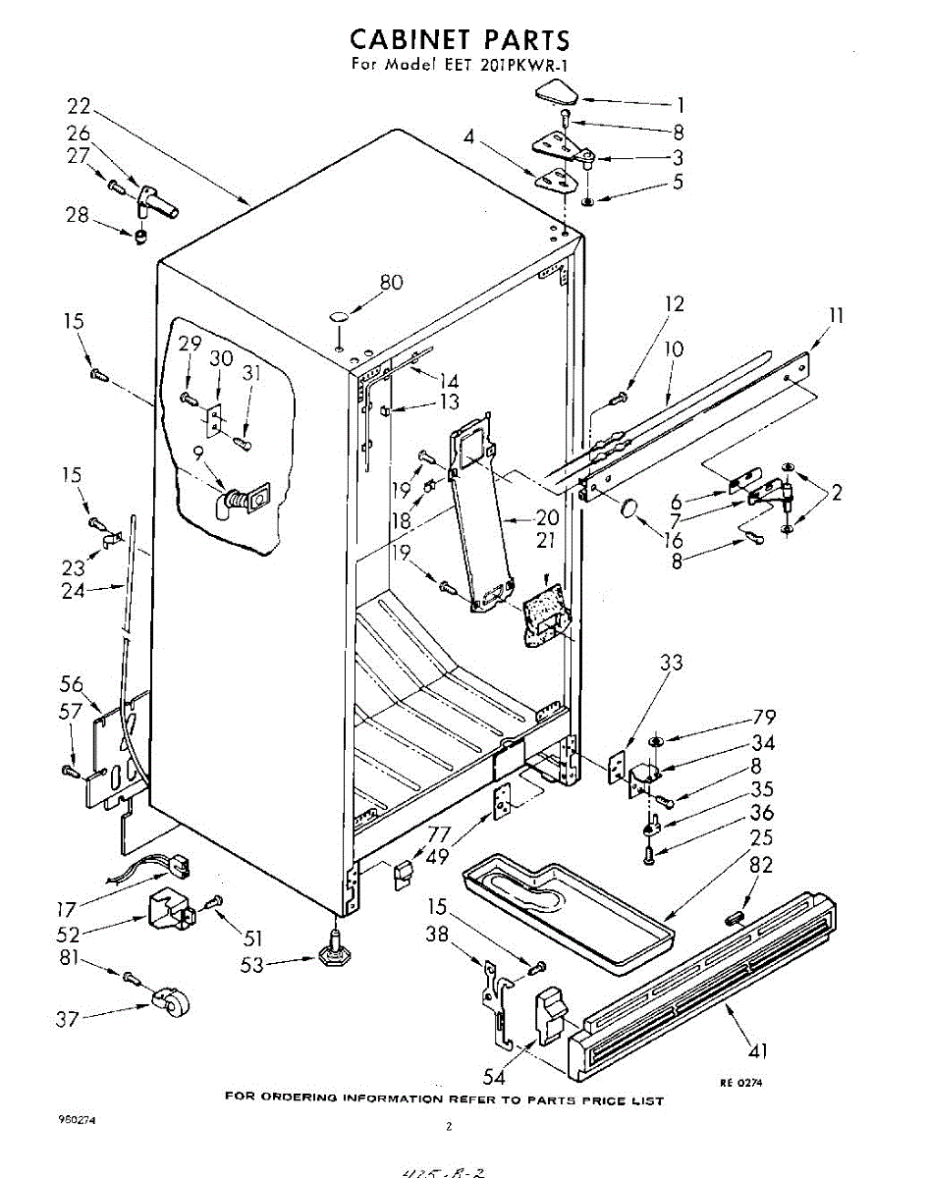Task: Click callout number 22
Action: tap(80, 106)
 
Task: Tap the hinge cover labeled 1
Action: tap(556, 95)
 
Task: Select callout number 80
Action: tap(391, 284)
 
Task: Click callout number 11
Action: tap(836, 316)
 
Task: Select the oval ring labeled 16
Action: tap(630, 509)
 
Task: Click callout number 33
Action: tap(671, 663)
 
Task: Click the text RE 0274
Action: tap(740, 1082)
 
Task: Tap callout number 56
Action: tap(72, 685)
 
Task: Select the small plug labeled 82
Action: tap(732, 918)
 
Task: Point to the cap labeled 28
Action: tap(140, 236)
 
